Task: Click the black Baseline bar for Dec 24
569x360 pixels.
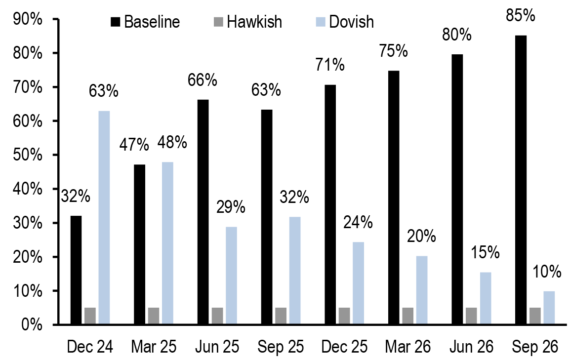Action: (x=76, y=270)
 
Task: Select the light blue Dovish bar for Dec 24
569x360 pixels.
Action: (x=104, y=217)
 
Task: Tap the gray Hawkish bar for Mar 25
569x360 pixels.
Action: (x=153, y=316)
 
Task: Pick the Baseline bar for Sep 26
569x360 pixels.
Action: (x=520, y=180)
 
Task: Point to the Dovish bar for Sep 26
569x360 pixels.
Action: (x=548, y=308)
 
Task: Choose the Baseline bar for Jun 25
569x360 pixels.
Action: (x=203, y=212)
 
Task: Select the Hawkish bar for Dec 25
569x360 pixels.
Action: (x=344, y=316)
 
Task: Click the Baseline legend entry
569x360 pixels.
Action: (x=145, y=22)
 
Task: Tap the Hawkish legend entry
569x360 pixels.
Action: (x=247, y=22)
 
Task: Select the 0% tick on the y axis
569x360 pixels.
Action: (x=33, y=325)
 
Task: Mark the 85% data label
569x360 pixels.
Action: (x=521, y=15)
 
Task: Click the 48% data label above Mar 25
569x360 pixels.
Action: (x=172, y=143)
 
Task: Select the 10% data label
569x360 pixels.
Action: (x=547, y=272)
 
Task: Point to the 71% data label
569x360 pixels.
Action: (x=329, y=65)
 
